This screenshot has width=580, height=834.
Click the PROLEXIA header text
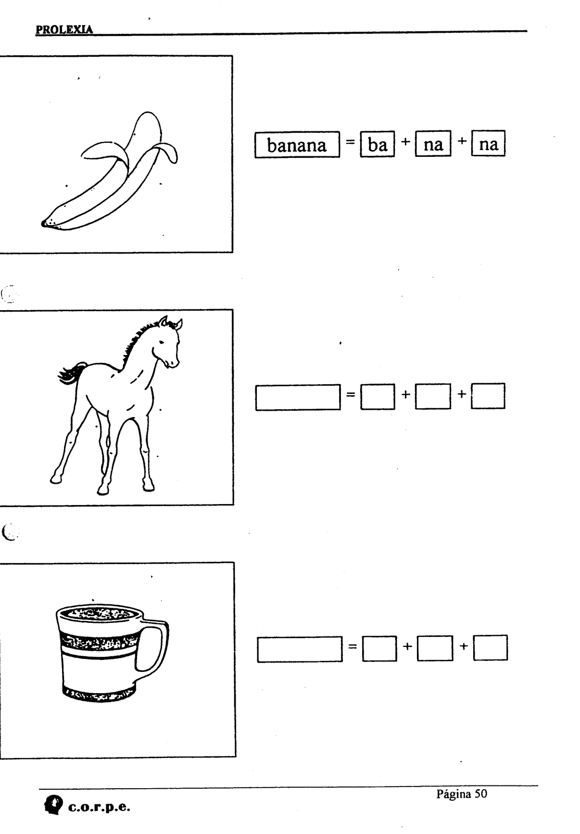pos(64,29)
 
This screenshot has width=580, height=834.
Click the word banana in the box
pos(297,145)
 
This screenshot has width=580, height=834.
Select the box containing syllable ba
pos(377,144)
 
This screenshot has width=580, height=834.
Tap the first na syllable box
pos(433,144)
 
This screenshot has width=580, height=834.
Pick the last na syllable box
pos(488,143)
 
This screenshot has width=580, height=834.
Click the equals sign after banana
pos(350,142)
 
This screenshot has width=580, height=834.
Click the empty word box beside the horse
pos(298,397)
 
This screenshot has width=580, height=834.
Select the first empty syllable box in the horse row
pos(377,397)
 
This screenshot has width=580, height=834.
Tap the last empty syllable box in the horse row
pos(488,396)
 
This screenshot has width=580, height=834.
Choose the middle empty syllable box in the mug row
pos(435,648)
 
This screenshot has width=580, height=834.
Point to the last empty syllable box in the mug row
pos(490,648)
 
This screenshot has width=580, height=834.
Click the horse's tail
pos(71,373)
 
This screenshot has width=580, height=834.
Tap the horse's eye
pos(161,342)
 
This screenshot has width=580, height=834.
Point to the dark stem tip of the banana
pos(44,224)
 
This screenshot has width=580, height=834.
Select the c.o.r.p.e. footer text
pos(99,807)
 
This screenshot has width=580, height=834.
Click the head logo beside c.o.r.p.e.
pos(53,805)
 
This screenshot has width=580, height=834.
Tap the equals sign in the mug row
pos(352,647)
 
